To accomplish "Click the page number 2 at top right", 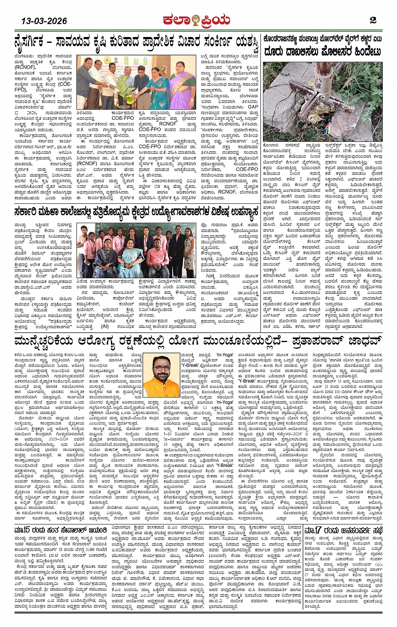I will pyautogui.click(x=373, y=20).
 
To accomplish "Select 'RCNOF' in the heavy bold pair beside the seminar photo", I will pyautogui.click(x=168, y=124).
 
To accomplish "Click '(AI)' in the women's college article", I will pyautogui.click(x=104, y=326).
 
